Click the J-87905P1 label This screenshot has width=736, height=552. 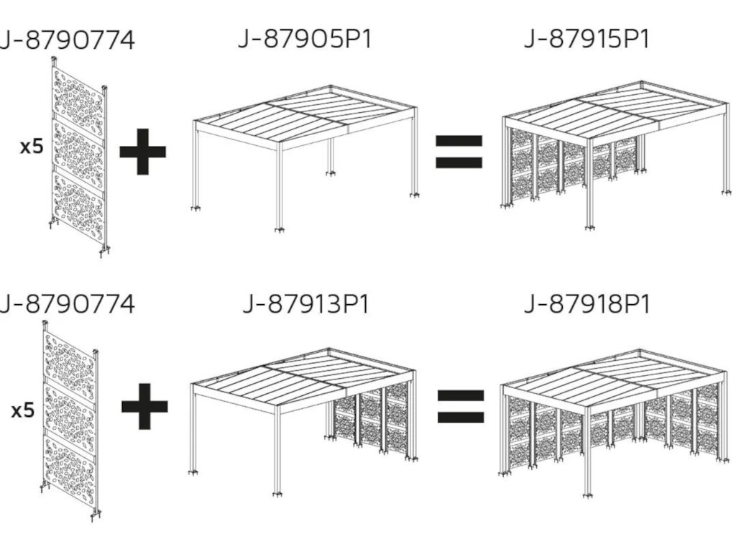[305, 39]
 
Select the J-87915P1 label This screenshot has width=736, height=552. [586, 39]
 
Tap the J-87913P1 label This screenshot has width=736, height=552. [306, 304]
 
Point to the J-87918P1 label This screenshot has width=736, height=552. [586, 304]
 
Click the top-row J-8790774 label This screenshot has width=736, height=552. [67, 40]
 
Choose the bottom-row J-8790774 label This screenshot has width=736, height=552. [67, 304]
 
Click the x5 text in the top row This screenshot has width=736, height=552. [32, 147]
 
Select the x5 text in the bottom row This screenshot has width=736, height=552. [23, 410]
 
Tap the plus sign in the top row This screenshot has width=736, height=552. [143, 152]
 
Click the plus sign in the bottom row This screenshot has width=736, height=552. [144, 407]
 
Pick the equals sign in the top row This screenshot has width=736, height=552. [459, 152]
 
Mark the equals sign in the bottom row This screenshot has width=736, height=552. [461, 407]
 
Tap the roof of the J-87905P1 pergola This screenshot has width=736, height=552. [305, 114]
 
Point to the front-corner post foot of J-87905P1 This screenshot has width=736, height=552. [280, 229]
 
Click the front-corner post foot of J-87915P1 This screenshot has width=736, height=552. [589, 228]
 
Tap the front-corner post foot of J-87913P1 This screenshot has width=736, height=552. [278, 494]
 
